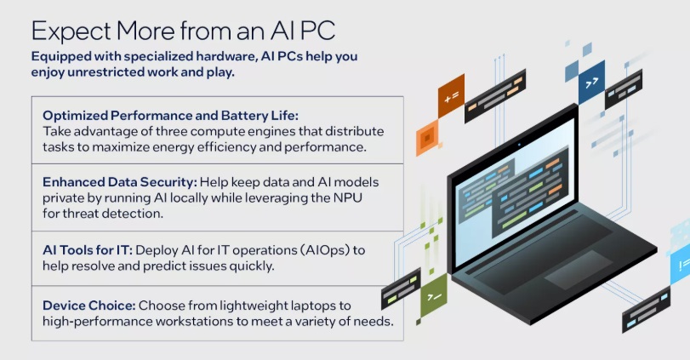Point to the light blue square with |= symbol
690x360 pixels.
(682, 262)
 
